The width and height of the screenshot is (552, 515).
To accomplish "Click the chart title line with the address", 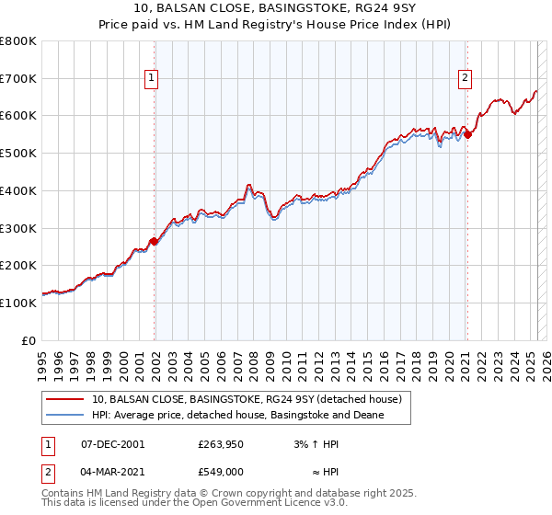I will pyautogui.click(x=276, y=8).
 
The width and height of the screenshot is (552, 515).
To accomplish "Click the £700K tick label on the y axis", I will pyautogui.click(x=18, y=79).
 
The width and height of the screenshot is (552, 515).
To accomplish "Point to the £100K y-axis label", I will pyautogui.click(x=18, y=303).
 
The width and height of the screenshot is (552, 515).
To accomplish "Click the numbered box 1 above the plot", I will pyautogui.click(x=150, y=79).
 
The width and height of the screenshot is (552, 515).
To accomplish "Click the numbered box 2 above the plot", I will pyautogui.click(x=466, y=79).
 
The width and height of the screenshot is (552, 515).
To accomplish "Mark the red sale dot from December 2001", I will pyautogui.click(x=154, y=241).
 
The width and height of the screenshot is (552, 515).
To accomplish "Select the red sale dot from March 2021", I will pyautogui.click(x=467, y=134).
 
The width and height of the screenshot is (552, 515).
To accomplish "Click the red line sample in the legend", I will pyautogui.click(x=65, y=400).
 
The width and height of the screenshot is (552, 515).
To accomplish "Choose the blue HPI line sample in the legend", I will pyautogui.click(x=65, y=416).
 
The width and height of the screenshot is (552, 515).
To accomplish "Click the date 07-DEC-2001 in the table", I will pyautogui.click(x=113, y=444).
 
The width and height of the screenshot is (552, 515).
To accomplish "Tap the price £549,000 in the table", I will pyautogui.click(x=220, y=471).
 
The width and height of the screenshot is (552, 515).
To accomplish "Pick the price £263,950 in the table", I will pyautogui.click(x=220, y=444).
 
